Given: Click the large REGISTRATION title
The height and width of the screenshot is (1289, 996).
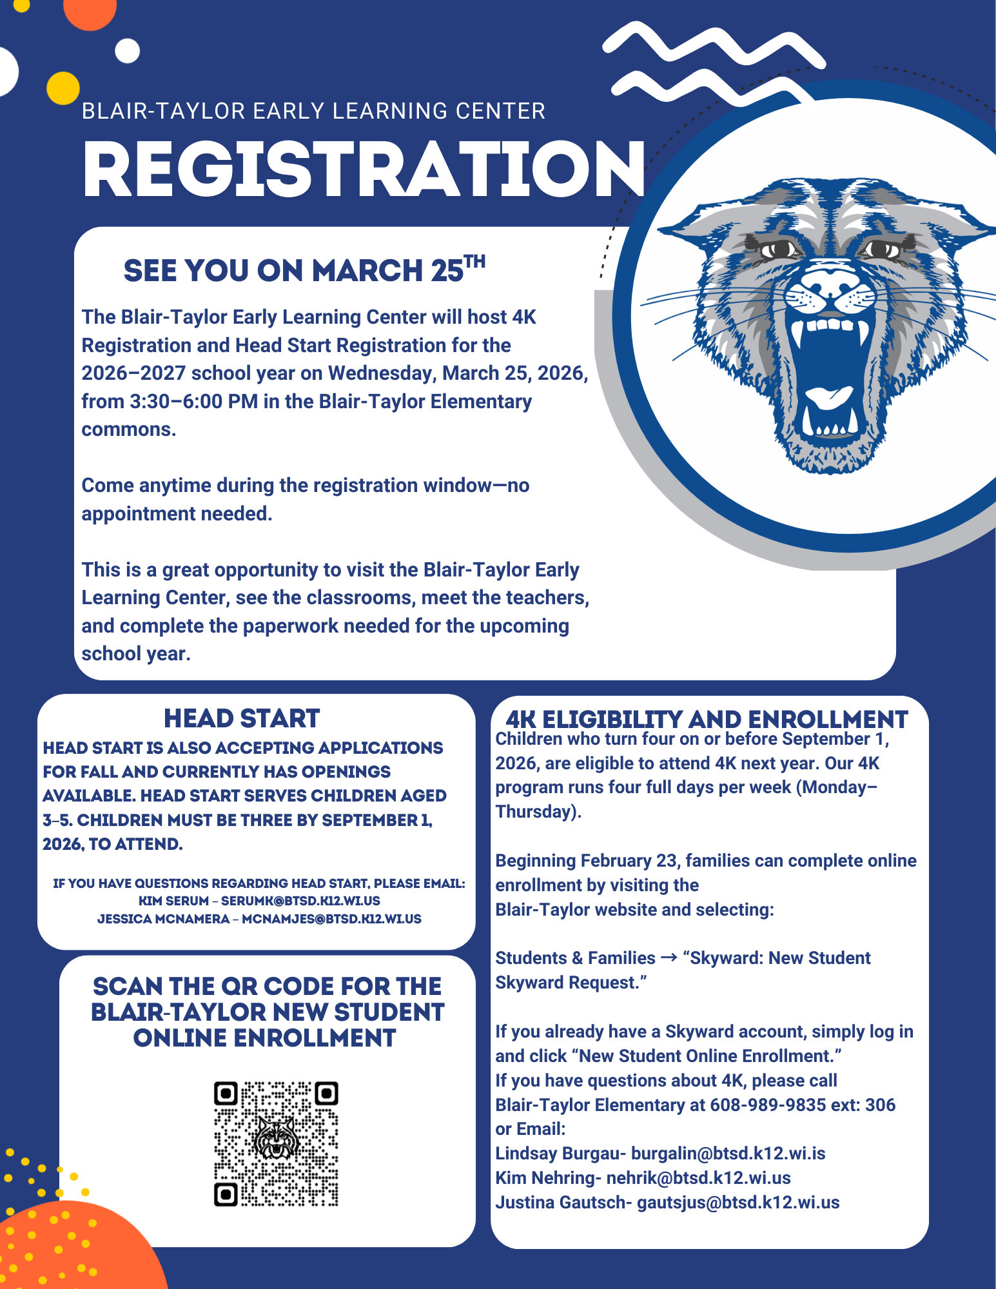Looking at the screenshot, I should click(364, 169).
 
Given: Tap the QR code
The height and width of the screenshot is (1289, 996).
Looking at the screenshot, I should click(276, 1144).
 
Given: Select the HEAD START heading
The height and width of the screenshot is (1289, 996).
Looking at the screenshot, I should click(242, 718).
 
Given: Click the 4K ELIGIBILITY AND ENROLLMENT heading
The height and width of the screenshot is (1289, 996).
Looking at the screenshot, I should click(707, 719).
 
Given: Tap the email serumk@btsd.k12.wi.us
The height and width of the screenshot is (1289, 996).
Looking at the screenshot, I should click(300, 901).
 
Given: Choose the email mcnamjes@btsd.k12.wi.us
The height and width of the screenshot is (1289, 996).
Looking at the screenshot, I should click(331, 919).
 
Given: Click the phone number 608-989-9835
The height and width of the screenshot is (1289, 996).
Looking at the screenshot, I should click(768, 1105).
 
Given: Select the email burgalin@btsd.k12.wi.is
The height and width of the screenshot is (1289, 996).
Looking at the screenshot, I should click(728, 1154).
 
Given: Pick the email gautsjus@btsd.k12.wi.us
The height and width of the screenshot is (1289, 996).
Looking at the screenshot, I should click(738, 1203).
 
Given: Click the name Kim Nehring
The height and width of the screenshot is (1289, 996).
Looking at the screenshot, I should click(545, 1178).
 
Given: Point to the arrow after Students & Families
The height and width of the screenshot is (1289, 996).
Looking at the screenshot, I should click(669, 958).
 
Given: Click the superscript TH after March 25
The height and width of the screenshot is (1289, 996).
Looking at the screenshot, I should click(474, 261).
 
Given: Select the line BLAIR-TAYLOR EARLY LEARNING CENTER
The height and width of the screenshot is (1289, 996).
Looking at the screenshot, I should click(313, 112).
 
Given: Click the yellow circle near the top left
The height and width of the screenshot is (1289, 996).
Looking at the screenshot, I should click(63, 88).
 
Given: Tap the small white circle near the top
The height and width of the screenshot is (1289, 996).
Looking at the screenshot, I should click(128, 51).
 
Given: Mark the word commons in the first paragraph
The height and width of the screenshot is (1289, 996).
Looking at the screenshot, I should click(128, 430).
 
